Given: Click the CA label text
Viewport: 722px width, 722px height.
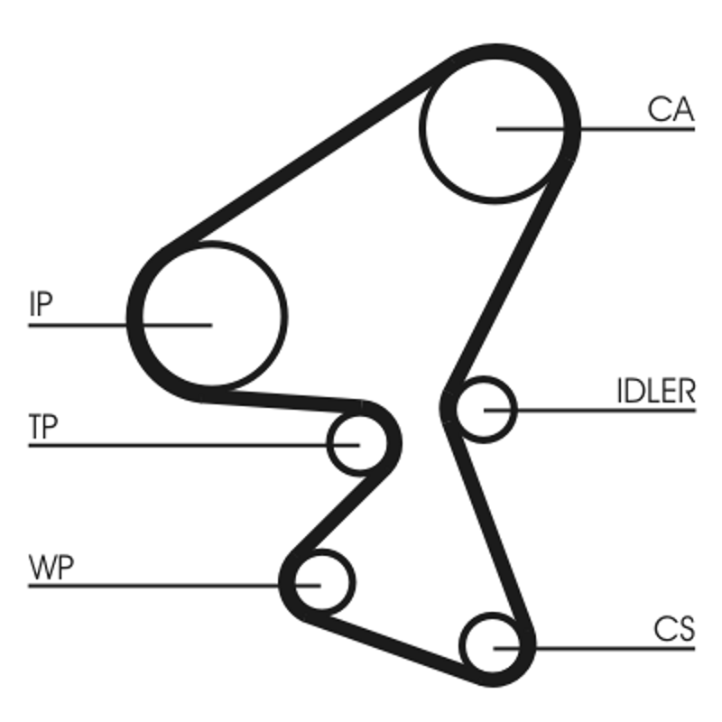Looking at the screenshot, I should click(671, 110).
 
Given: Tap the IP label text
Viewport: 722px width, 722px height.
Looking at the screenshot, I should click(41, 304).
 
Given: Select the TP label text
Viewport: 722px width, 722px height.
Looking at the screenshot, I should click(42, 428).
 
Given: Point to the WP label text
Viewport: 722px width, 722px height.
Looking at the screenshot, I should click(51, 569).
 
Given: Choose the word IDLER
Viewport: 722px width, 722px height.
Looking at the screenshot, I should click(655, 392).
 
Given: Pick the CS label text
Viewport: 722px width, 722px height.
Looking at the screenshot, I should click(674, 629).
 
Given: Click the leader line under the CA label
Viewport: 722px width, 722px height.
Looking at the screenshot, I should click(632, 129).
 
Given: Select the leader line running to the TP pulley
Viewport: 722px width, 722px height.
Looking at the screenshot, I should click(180, 444).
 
